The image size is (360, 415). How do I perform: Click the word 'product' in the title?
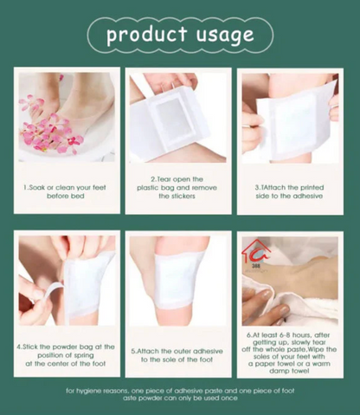coord(145,35)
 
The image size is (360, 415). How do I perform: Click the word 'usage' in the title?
coord(223,35)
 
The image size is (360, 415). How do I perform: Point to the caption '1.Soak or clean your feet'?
coord(65,186)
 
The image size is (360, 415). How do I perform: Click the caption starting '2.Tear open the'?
coord(178,179)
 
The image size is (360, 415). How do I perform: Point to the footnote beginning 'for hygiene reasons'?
coord(180,390)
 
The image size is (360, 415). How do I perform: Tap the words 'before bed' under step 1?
coord(65,195)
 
